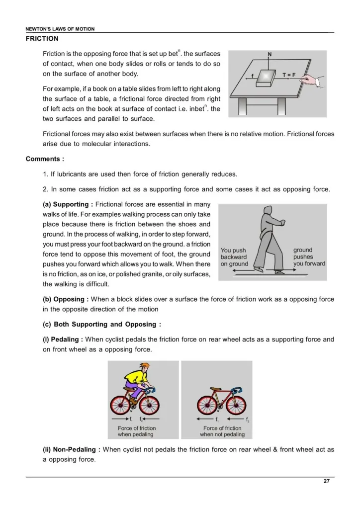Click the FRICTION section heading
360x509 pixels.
(x=42, y=38)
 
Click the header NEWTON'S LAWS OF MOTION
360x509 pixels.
(x=60, y=29)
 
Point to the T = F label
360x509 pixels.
(x=289, y=75)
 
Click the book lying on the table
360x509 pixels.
(x=268, y=78)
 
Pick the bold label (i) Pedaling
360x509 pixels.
(x=63, y=339)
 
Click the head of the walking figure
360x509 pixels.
(x=271, y=212)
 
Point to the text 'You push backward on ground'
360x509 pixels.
(x=234, y=257)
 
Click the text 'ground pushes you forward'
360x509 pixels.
(x=309, y=257)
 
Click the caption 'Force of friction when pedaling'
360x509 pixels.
(x=136, y=431)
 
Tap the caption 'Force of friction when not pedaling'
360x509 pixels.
(x=222, y=431)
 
